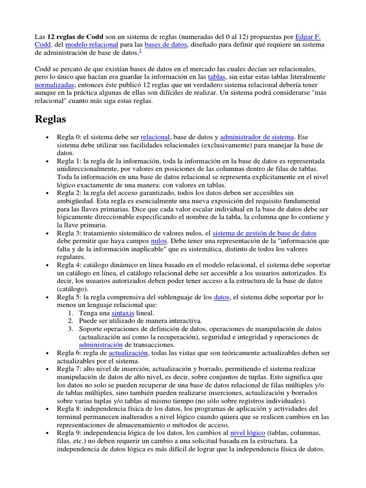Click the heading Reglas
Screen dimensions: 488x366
coord(51,119)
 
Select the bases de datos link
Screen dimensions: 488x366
coord(166,44)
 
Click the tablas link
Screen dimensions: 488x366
coord(217,77)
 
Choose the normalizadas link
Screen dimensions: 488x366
coord(55,85)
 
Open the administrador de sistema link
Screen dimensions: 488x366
coord(257,137)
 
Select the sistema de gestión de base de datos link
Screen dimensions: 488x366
coord(264,233)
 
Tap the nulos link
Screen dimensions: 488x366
coord(159,241)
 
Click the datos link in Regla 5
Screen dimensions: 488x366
coord(222,297)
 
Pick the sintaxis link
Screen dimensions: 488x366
coord(123,313)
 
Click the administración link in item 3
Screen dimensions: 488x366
coord(101,345)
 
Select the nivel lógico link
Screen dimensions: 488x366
coord(247,433)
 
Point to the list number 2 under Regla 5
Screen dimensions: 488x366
coord(70,321)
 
